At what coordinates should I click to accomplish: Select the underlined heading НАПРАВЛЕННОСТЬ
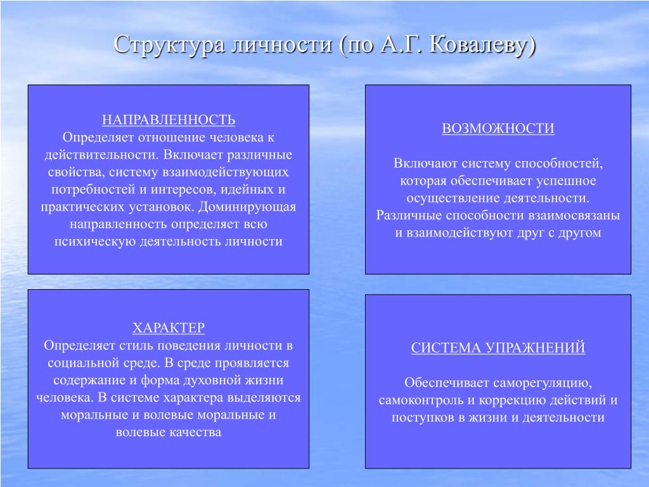pyautogui.click(x=169, y=120)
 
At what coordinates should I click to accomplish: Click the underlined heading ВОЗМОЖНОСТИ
pyautogui.click(x=498, y=128)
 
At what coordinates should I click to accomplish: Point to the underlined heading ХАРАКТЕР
pyautogui.click(x=169, y=328)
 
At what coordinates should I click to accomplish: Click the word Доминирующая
pyautogui.click(x=247, y=207)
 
